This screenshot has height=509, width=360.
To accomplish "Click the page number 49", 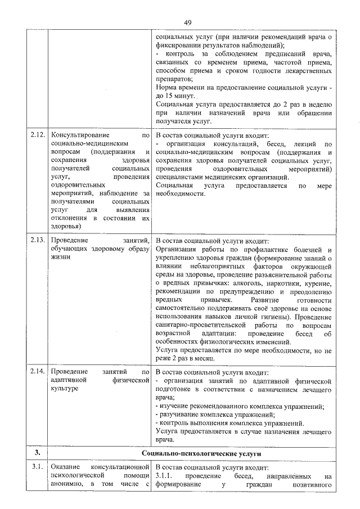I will point(188,22).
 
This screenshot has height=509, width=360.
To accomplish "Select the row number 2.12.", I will point(38,136).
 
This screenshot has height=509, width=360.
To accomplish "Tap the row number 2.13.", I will point(38,241).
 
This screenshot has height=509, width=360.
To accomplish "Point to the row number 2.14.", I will point(38,372).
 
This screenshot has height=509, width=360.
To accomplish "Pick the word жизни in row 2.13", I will point(60,258).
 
